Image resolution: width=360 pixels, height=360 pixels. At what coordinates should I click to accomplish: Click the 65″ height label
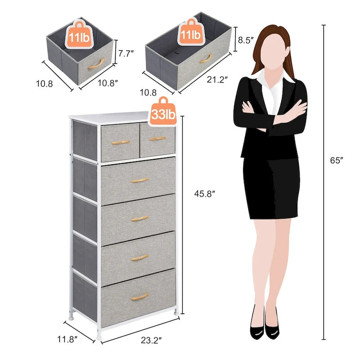tap(336, 161)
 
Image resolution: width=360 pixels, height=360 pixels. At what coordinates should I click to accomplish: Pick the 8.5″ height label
tap(246, 40)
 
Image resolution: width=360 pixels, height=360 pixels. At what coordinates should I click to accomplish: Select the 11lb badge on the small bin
tap(79, 34)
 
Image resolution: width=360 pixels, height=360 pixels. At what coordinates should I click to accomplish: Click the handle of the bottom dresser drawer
tap(139, 297)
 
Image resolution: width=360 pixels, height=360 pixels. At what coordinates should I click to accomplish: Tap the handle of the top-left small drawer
tap(120, 142)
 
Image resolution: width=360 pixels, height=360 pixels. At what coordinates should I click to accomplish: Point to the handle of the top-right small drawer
tap(157, 139)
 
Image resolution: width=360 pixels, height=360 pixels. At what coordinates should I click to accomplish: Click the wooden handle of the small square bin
tap(96, 64)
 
